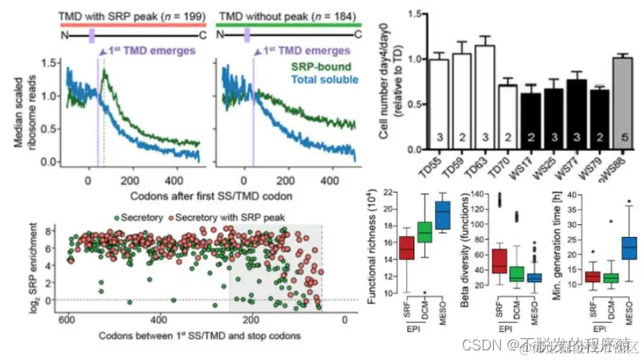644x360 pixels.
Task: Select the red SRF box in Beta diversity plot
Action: pyautogui.click(x=499, y=261)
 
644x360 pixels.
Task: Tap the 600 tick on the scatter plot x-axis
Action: pyautogui.click(x=68, y=319)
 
